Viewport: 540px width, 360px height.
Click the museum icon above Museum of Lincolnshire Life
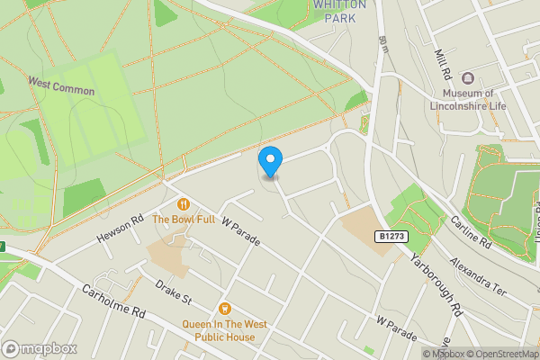468,77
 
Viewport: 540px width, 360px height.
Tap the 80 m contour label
384,42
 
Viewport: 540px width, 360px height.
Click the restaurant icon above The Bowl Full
184,204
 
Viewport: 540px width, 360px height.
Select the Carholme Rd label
112,301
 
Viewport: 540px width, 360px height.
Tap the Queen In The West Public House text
226,332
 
